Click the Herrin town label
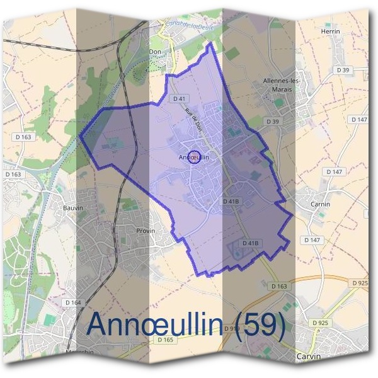tap(330, 31)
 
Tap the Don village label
tap(154, 53)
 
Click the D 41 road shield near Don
tap(179, 99)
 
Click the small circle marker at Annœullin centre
tap(195, 157)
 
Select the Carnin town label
tap(321, 205)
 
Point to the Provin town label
tap(145, 231)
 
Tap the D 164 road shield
tap(73, 302)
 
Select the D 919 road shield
tap(232, 329)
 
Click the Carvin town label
tap(308, 356)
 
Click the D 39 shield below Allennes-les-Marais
tap(272, 121)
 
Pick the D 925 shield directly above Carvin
tap(321, 323)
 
